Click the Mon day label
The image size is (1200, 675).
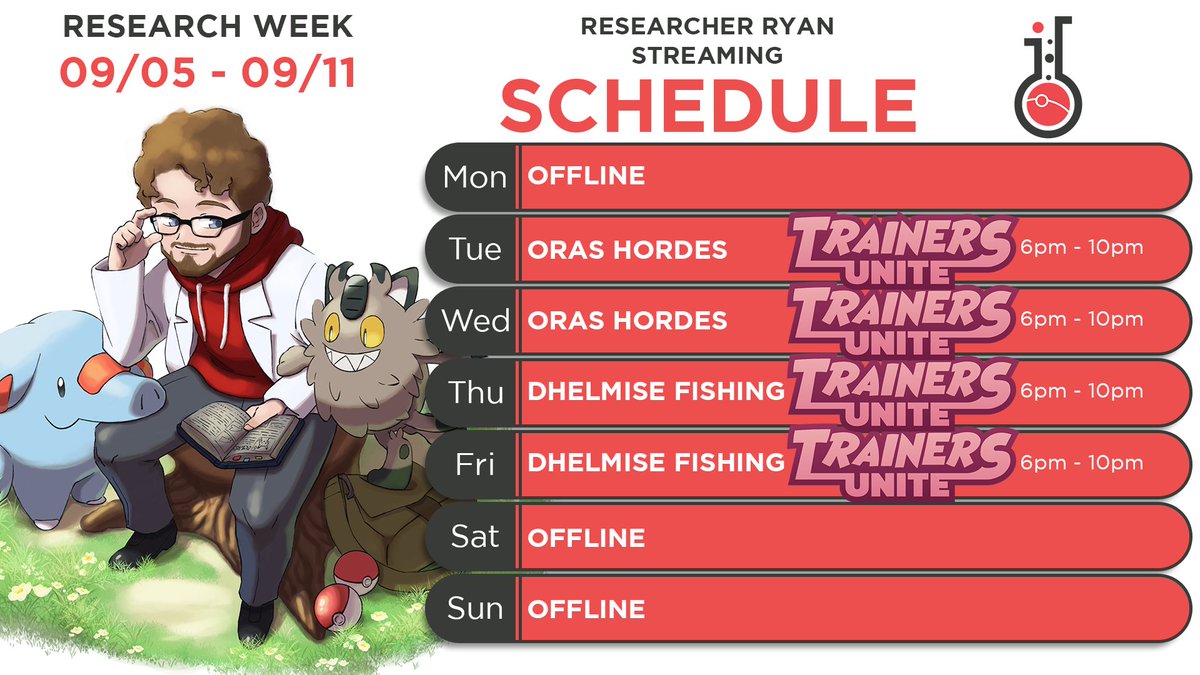475,178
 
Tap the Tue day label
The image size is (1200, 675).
475,249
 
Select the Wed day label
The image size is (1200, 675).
476,321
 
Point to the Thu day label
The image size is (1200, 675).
475,393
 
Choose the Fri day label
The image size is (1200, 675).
475,464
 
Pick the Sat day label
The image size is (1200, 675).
475,537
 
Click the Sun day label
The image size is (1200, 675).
475,608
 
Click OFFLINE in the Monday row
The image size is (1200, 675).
586,178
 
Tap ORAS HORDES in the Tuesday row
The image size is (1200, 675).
627,249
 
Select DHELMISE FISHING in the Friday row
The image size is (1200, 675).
656,464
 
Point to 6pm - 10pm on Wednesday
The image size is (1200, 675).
1082,320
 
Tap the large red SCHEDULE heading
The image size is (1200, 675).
708,105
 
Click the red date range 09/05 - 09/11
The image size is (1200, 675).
208,73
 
